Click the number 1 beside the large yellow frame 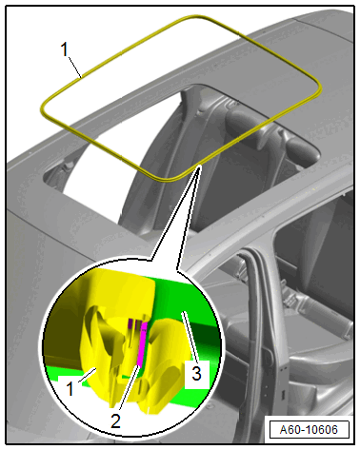(x=65, y=50)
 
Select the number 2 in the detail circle (x=115, y=421)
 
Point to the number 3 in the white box (x=196, y=373)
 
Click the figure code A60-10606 (x=309, y=430)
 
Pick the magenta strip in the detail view (x=141, y=343)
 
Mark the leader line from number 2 (x=130, y=389)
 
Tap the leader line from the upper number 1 (x=75, y=68)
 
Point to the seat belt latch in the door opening (x=290, y=298)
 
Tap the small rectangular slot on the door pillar (x=282, y=396)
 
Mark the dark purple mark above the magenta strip (x=130, y=323)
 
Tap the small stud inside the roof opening (x=68, y=165)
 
